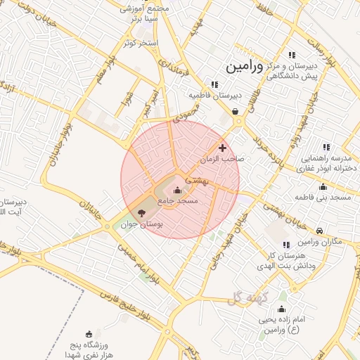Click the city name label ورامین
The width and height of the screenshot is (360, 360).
tap(245, 67)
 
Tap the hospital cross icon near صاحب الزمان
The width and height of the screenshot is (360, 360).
tap(223, 148)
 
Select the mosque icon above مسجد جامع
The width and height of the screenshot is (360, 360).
tap(176, 191)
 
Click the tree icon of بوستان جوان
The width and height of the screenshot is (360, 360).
tap(141, 212)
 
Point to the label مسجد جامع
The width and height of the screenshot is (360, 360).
tap(178, 201)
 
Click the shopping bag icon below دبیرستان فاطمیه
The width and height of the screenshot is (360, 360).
tap(235, 111)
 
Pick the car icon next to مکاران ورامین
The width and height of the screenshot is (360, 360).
tap(320, 231)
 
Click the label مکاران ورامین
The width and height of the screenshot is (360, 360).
tap(316, 242)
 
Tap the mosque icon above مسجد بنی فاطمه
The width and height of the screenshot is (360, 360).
tap(323, 187)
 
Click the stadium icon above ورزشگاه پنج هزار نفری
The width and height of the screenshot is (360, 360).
tap(89, 334)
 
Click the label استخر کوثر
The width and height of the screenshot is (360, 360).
tap(140, 43)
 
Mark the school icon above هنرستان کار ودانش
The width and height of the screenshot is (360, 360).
tap(286, 245)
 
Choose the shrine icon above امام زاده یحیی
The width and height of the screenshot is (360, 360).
tap(282, 309)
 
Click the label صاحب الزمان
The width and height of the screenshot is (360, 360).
tap(221, 160)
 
